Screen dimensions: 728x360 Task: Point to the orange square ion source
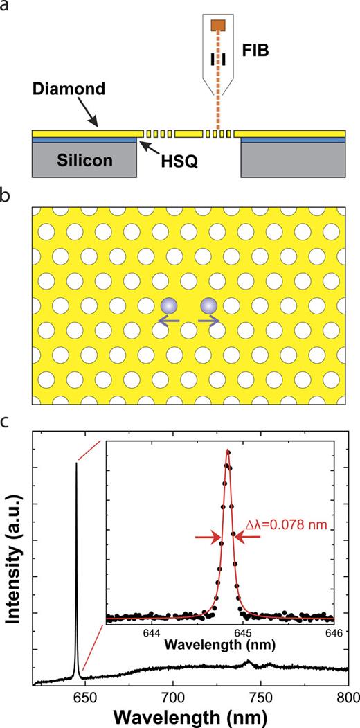tap(218, 26)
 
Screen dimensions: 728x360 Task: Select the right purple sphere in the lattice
tap(209, 307)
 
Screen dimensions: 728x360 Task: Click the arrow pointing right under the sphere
tap(209, 321)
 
